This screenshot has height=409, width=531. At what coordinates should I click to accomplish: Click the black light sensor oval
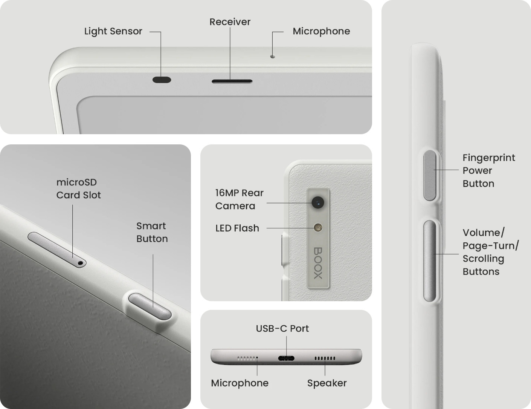pos(162,80)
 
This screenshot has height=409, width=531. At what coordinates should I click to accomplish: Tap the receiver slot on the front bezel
pos(232,81)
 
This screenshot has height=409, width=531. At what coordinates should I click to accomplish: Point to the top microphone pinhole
pos(273,57)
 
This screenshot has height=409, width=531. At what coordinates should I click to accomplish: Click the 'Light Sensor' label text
pos(113,32)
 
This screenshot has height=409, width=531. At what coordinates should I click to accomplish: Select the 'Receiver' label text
pos(230,22)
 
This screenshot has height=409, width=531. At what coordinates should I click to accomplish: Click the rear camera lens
pos(318,202)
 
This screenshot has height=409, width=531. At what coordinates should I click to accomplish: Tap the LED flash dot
pos(318,228)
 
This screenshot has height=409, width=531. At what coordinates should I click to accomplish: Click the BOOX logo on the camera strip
pos(318,263)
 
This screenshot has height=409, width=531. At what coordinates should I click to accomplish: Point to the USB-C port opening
pos(286,358)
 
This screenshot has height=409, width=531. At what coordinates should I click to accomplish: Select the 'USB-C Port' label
pos(282,329)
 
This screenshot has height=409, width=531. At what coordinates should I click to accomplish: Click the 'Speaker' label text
pos(327,383)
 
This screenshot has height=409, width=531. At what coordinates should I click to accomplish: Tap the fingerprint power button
pos(430,175)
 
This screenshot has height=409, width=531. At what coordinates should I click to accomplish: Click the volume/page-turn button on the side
pos(430,261)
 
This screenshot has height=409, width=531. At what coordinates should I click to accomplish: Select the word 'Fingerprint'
pos(489,158)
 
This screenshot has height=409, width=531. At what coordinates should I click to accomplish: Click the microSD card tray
pos(57,250)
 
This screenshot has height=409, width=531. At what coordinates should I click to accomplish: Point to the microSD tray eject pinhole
pos(80,263)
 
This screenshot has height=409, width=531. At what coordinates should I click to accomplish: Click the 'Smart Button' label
pos(152,232)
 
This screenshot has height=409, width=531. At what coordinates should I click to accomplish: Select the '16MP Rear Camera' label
pos(239,199)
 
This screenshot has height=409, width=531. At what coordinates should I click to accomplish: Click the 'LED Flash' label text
pos(237,228)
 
